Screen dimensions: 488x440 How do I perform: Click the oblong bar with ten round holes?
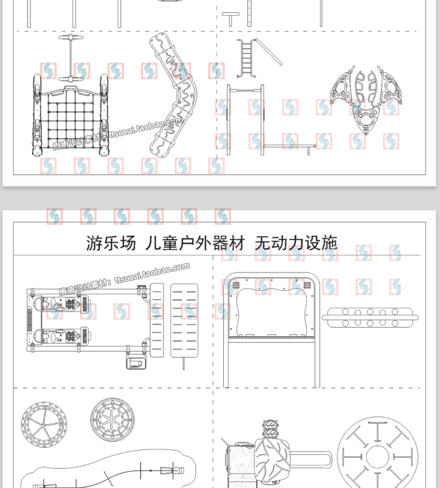pyautogui.click(x=370, y=318)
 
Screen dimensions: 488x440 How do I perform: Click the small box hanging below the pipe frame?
pyautogui.click(x=135, y=362)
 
